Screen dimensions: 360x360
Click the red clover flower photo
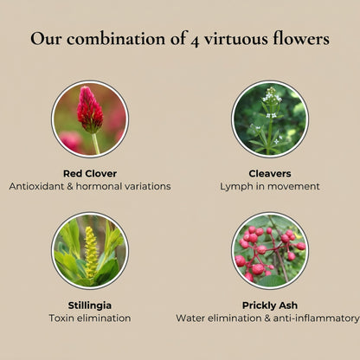coord(90,119)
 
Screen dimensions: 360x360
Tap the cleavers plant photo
coord(270,119)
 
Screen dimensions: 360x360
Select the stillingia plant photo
coord(90,251)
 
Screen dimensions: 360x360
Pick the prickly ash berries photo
coord(270,251)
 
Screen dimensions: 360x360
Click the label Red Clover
coord(90,173)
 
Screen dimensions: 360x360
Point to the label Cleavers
coord(270,173)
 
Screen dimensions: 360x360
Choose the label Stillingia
coord(90,305)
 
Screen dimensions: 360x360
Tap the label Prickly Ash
coord(270,305)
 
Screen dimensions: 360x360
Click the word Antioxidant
coord(36,186)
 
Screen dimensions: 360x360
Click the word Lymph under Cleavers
coord(236,186)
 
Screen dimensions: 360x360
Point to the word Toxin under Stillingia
coord(64,318)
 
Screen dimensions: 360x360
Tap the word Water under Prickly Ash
coord(191,318)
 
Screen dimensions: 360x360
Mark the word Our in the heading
coord(44,40)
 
